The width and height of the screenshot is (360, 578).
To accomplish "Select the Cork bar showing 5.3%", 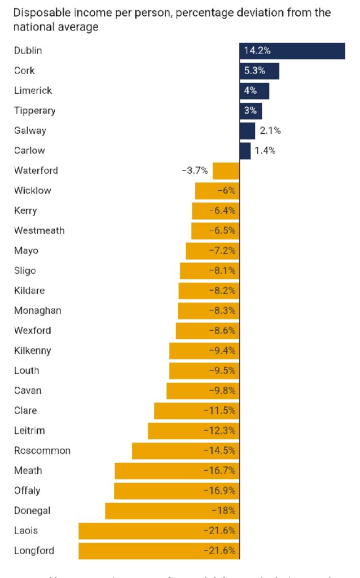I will tap(259, 71).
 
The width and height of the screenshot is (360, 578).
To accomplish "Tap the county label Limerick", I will tap(33, 91).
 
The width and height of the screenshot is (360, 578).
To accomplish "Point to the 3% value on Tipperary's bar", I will tap(250, 111).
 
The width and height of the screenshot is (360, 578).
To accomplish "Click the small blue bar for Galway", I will tap(247, 131).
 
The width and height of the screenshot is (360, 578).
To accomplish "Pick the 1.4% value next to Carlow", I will tap(265, 151).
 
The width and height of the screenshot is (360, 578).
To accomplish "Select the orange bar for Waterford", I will tap(226, 170).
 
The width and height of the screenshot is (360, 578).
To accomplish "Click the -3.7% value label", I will tap(195, 170).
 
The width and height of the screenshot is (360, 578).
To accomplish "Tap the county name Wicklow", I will tap(32, 191).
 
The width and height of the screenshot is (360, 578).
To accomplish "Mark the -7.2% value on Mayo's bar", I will tap(226, 251).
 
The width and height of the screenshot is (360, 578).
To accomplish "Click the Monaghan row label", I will tap(37, 311).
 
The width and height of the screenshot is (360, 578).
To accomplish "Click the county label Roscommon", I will tap(42, 451).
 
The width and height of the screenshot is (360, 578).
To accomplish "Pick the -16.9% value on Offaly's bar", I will tap(219, 491).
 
